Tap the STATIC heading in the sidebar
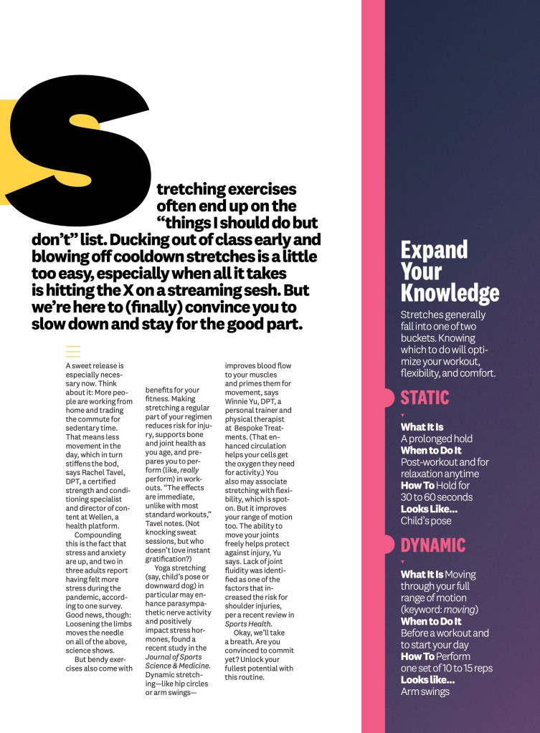pyautogui.click(x=425, y=398)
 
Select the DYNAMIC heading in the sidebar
pyautogui.click(x=432, y=545)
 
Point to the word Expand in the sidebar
pyautogui.click(x=434, y=250)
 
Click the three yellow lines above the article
pyautogui.click(x=72, y=351)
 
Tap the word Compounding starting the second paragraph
pyautogui.click(x=98, y=535)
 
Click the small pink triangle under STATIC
pyautogui.click(x=402, y=415)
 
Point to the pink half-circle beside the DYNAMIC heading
pyautogui.click(x=388, y=545)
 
